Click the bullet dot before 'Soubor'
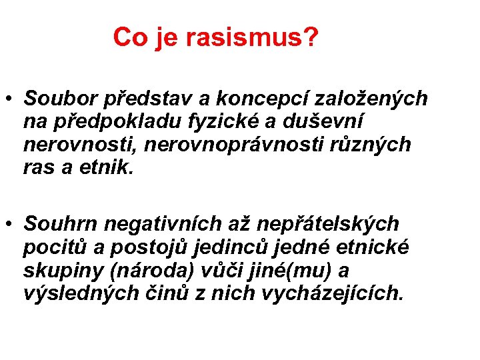tap(11, 99)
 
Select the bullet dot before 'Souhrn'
tap(11, 223)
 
